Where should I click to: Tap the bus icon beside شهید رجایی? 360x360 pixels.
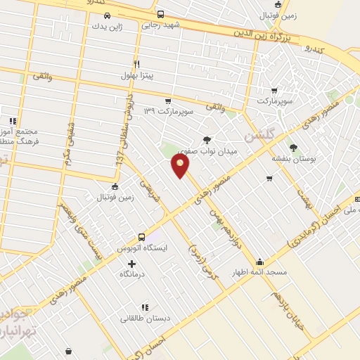[x=160, y=14]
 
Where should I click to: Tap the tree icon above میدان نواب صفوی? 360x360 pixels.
[x=207, y=140]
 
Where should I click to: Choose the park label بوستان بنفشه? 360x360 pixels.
[x=293, y=158]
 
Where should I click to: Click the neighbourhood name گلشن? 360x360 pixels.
[x=257, y=134]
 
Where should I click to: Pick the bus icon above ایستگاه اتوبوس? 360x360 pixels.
[x=141, y=237]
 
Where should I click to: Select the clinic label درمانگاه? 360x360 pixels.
[x=132, y=274]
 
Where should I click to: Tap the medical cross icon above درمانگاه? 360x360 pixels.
[x=132, y=263]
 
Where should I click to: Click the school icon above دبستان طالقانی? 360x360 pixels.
[x=144, y=307]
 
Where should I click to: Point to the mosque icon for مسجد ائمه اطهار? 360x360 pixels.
[x=259, y=262]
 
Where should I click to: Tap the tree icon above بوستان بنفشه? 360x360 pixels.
[x=293, y=148]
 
